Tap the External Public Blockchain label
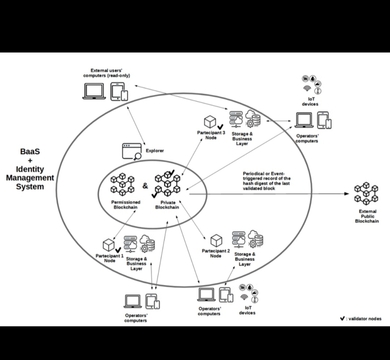[x=367, y=216]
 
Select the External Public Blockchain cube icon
[x=366, y=193]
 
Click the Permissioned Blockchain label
[x=126, y=205]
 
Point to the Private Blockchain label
[x=167, y=205]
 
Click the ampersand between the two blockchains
[x=145, y=186]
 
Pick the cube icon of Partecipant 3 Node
[x=210, y=122]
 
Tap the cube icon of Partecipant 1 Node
[x=109, y=245]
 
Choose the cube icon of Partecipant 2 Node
[x=216, y=241]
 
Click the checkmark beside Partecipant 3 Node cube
[x=220, y=126]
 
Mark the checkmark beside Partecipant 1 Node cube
[x=118, y=250]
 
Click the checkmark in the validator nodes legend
[x=342, y=319]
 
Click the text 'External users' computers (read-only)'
[x=107, y=73]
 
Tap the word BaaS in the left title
[x=30, y=152]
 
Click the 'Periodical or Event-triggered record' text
[x=266, y=181]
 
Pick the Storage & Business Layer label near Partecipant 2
[x=245, y=259]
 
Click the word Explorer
[x=155, y=150]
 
